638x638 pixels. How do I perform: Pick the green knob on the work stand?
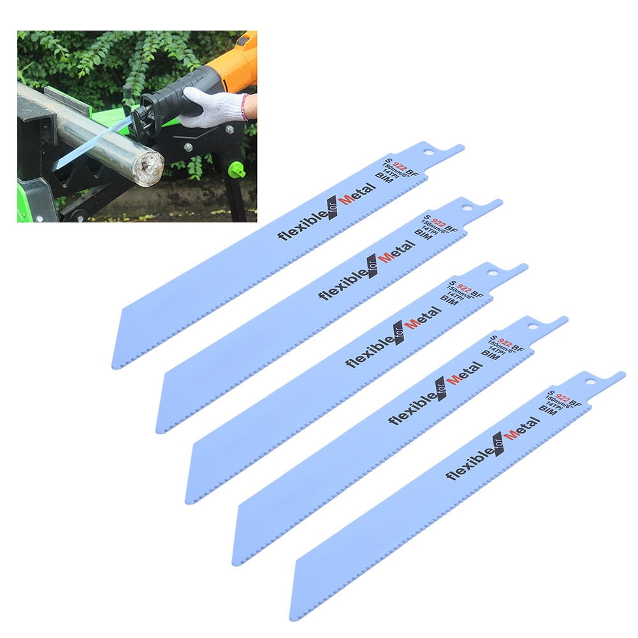tap(236, 170)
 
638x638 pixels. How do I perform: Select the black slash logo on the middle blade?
tap(399, 331)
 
